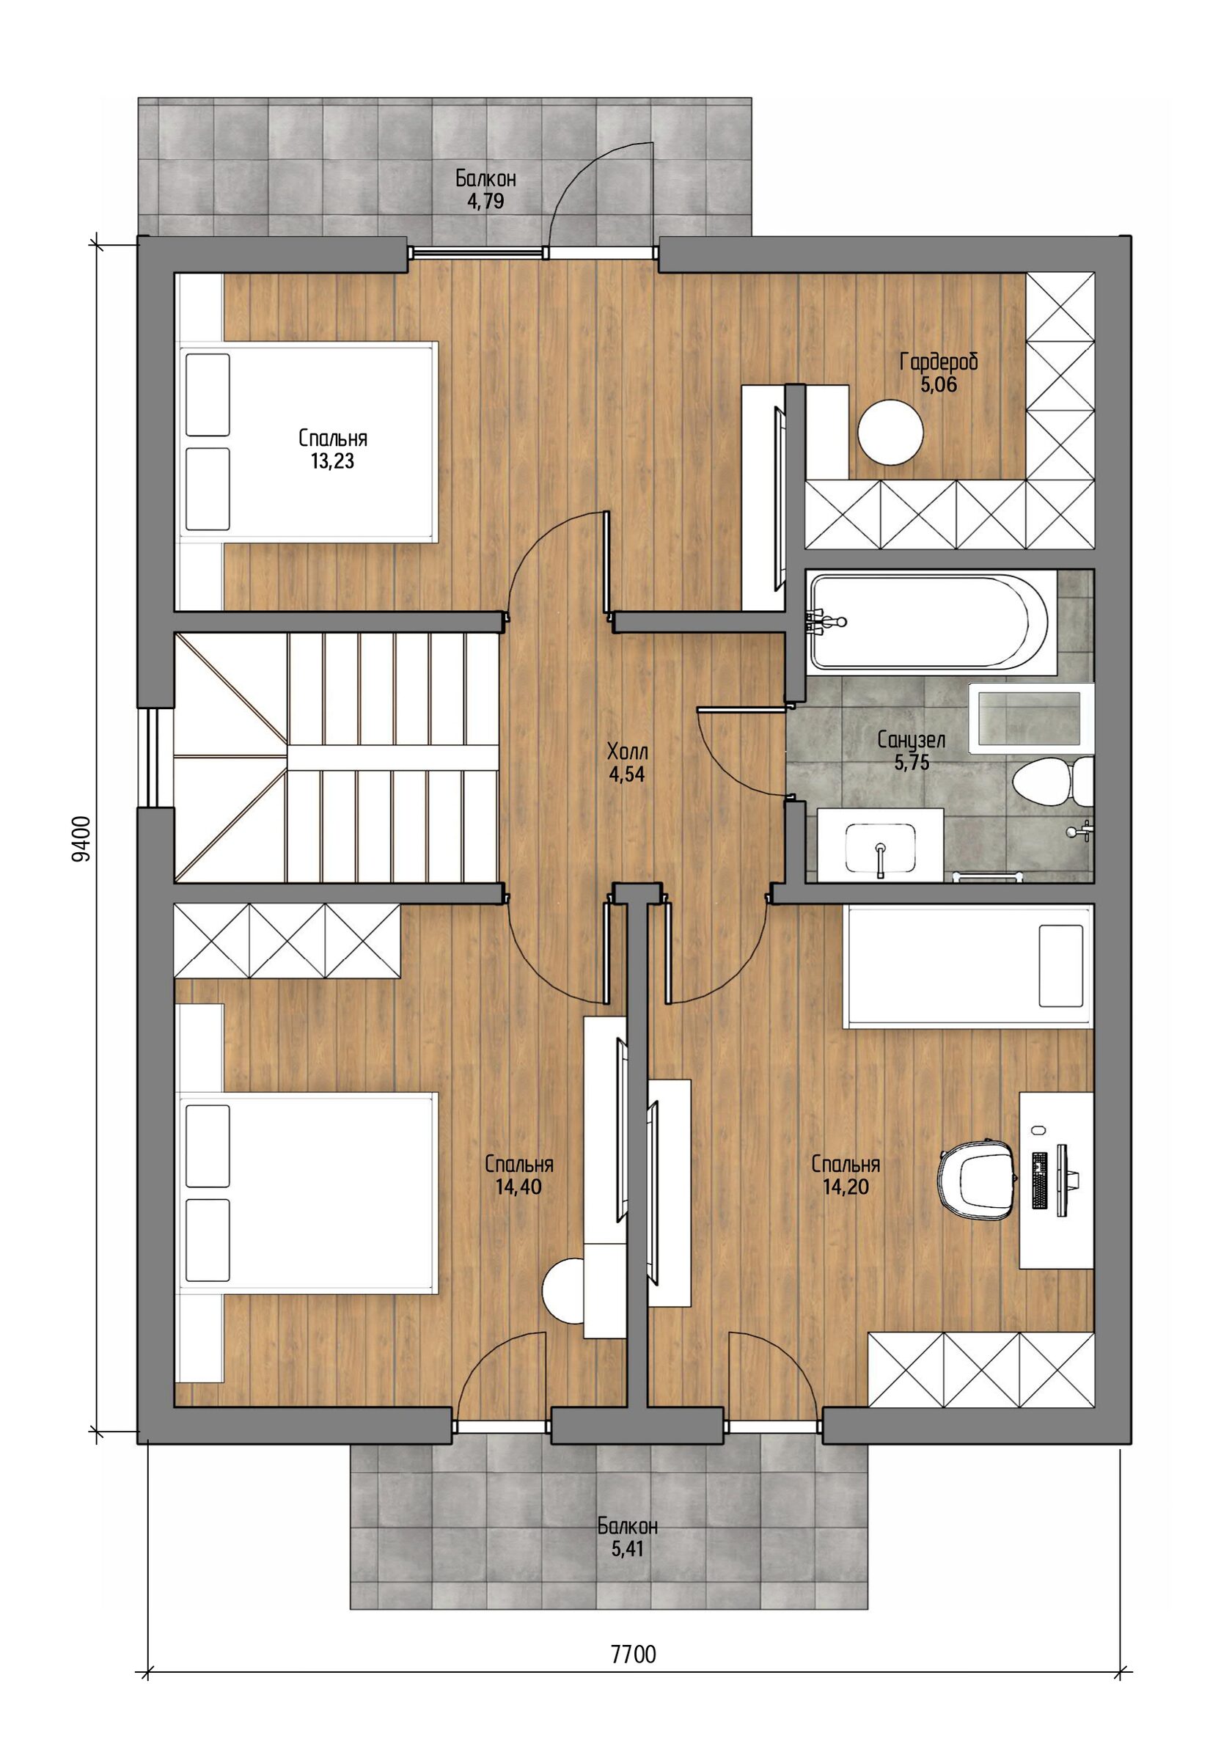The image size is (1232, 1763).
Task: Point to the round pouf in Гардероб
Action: pyautogui.click(x=890, y=431)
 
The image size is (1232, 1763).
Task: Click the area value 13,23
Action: pyautogui.click(x=332, y=461)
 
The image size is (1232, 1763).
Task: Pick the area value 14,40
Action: pyautogui.click(x=518, y=1187)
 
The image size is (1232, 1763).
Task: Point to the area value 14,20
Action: pyautogui.click(x=846, y=1187)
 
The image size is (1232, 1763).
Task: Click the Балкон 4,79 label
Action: pyautogui.click(x=485, y=190)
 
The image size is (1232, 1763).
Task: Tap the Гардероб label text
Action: pyautogui.click(x=939, y=361)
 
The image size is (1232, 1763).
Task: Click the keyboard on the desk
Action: pyautogui.click(x=1040, y=1180)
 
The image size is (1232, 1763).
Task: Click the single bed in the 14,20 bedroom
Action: pyautogui.click(x=968, y=966)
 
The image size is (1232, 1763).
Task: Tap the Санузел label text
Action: pyautogui.click(x=911, y=740)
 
